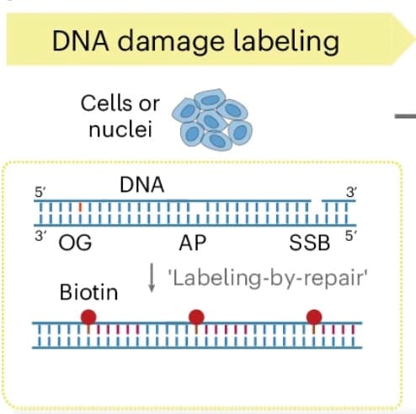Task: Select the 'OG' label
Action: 75,244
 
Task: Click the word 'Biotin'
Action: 88,294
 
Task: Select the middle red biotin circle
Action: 197,317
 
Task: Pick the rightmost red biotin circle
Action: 314,317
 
